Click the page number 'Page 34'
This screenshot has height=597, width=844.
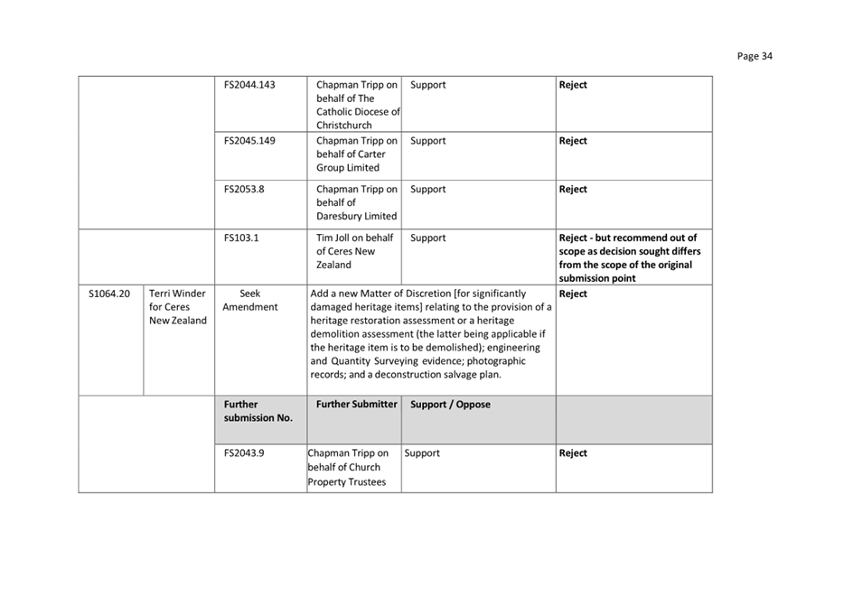tap(755, 56)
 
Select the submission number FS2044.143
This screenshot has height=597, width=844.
tap(249, 85)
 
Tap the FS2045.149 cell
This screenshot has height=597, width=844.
tap(249, 141)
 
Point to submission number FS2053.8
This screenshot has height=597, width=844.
tap(244, 190)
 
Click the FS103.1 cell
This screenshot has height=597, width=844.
tap(241, 238)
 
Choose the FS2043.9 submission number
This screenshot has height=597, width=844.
tap(244, 453)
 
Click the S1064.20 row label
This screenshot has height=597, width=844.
tap(110, 294)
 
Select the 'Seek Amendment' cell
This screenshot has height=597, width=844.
tap(250, 300)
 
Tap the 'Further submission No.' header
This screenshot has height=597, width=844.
tap(258, 411)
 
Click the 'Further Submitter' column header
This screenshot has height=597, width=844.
tap(356, 405)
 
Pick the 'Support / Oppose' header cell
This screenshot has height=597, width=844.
tap(450, 405)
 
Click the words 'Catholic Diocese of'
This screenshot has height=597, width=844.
tap(358, 112)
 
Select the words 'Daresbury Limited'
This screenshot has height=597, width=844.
tap(356, 217)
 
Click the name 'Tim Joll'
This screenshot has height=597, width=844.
tap(336, 238)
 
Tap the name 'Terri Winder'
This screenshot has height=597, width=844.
tap(178, 294)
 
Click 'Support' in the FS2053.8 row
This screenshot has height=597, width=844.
tap(427, 190)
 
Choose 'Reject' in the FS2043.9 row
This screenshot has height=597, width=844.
tap(573, 453)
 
